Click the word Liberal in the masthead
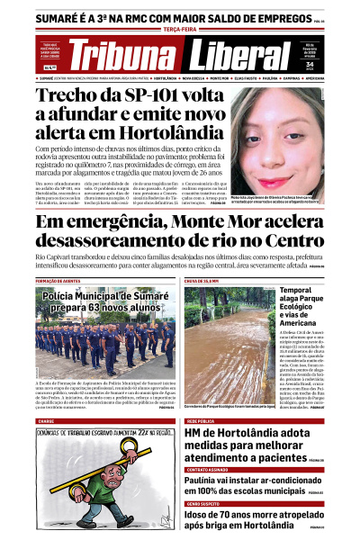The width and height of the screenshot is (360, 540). tap(239, 56)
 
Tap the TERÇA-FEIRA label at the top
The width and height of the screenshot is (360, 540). tap(180, 29)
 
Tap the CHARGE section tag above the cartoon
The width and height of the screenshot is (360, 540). tap(46, 420)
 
